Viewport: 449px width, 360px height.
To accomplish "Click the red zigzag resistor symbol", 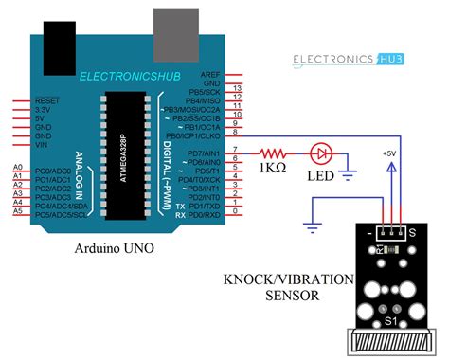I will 275,153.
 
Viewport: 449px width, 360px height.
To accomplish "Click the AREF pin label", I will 210,74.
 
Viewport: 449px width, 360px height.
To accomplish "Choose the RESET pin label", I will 47,99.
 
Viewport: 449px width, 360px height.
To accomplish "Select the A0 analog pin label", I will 17,167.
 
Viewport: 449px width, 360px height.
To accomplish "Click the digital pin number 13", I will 238,87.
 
